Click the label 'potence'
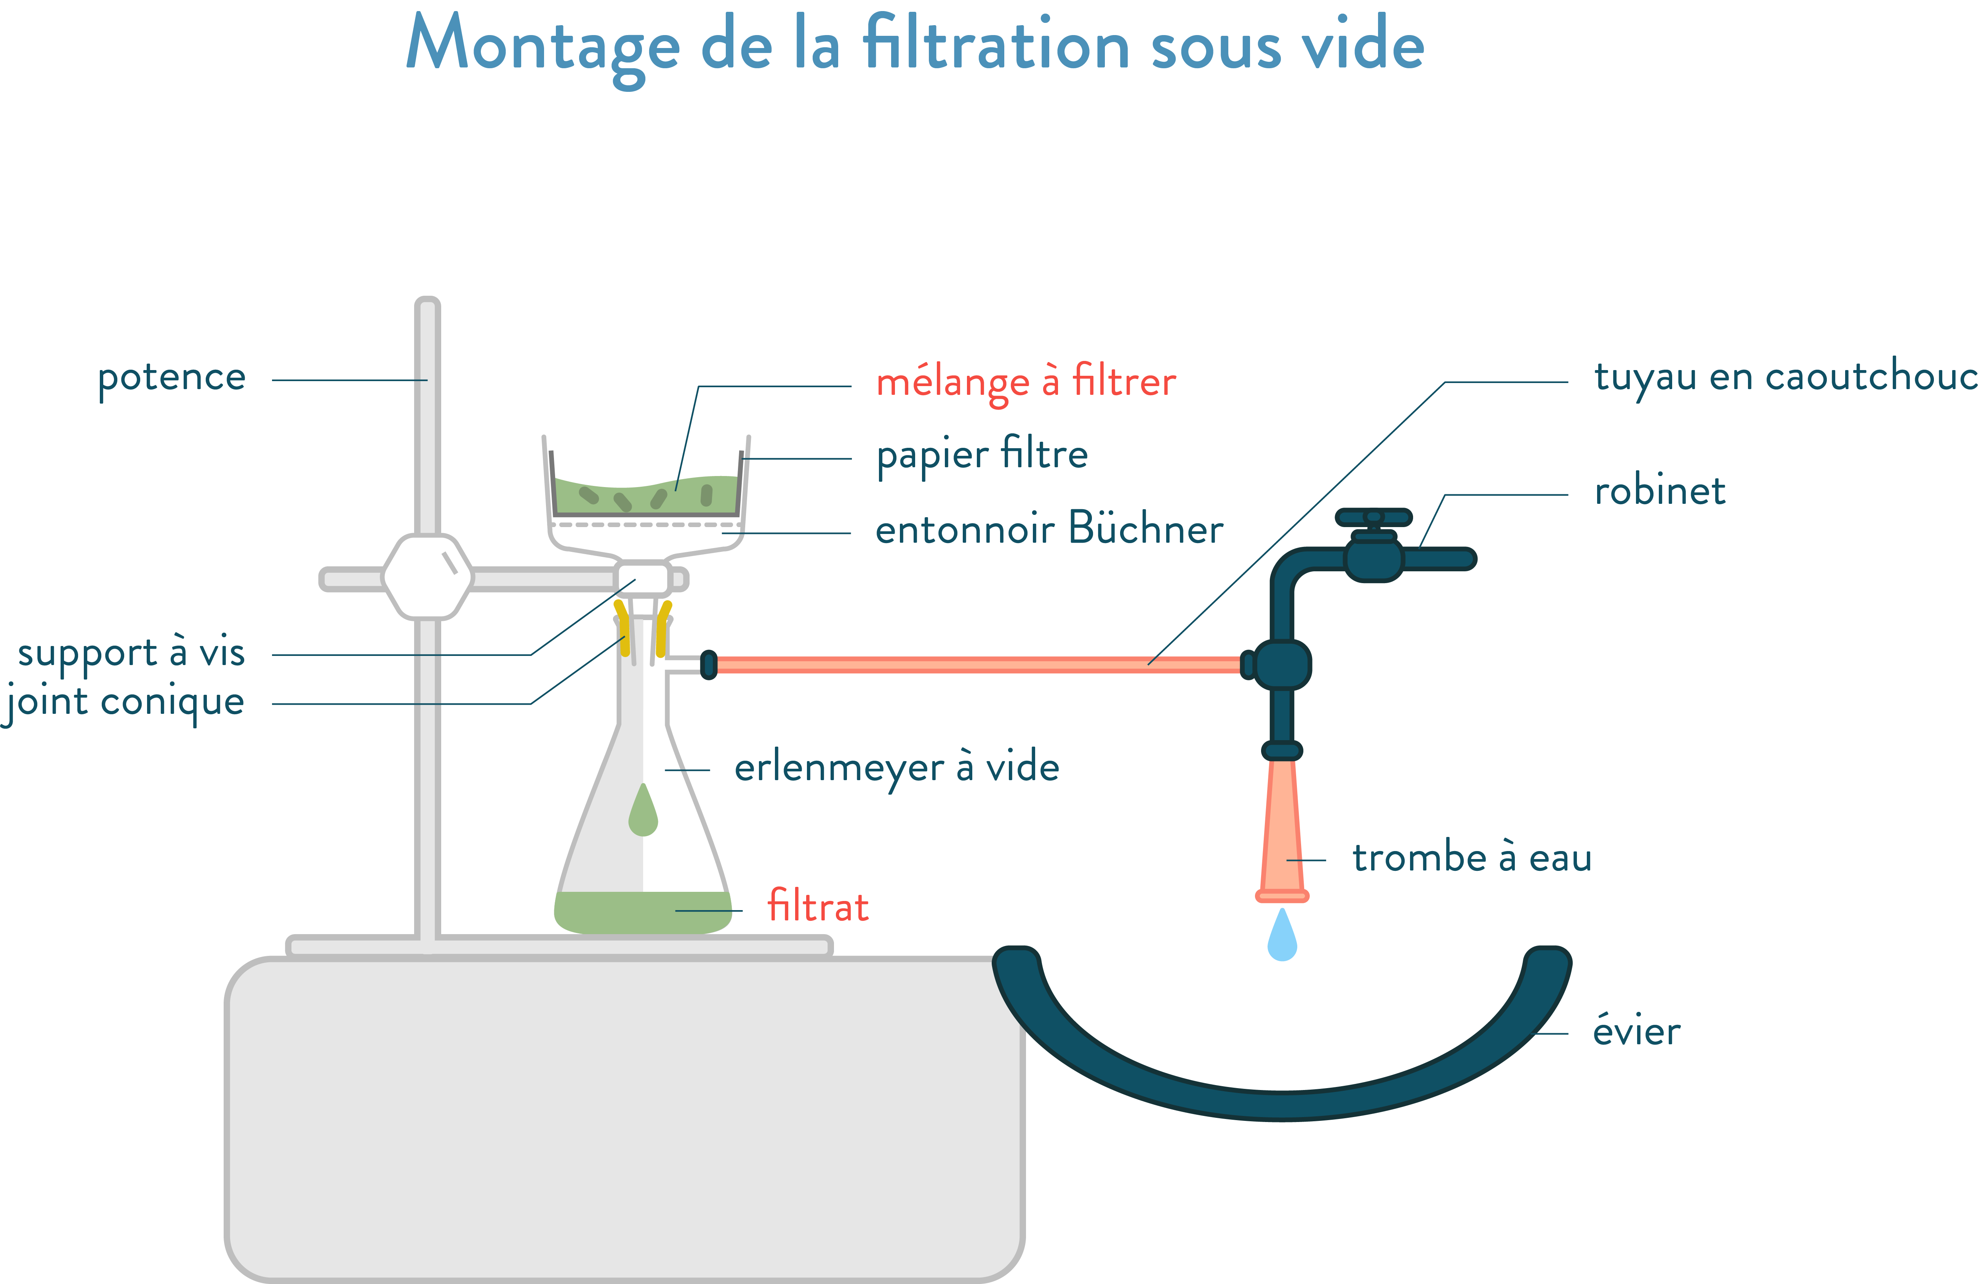coord(171,378)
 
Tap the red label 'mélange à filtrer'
coord(1026,382)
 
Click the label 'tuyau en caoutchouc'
coord(1785,377)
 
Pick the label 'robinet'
coord(1659,491)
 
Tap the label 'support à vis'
coord(131,652)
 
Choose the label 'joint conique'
coord(125,702)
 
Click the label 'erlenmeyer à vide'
coord(896,767)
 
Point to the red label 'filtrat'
coord(818,906)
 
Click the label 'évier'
coord(1636,1032)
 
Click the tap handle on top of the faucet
coord(1373,518)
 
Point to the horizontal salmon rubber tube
coord(973,664)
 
